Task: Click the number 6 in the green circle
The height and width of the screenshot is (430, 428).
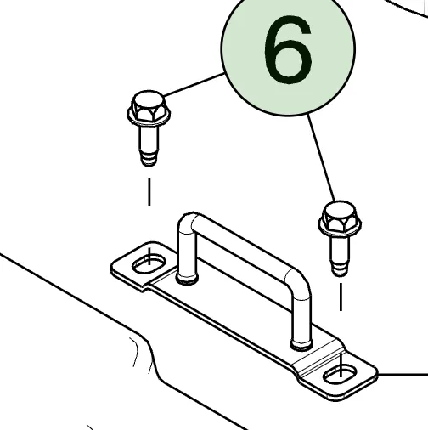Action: [x=288, y=50]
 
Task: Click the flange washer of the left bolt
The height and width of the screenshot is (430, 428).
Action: [x=149, y=116]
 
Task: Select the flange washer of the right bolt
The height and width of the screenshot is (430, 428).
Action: [x=340, y=227]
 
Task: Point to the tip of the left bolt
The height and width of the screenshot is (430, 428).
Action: [x=149, y=165]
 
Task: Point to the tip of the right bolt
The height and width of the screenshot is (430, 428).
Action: [x=340, y=274]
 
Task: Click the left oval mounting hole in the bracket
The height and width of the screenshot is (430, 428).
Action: [x=149, y=264]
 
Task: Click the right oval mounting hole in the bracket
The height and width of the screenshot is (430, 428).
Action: [x=341, y=374]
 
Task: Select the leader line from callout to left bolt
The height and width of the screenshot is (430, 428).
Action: [x=194, y=84]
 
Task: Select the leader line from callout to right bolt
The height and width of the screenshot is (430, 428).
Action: [x=321, y=157]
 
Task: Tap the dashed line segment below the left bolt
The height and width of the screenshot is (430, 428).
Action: [x=149, y=191]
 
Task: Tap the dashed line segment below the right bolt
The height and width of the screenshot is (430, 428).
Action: [x=341, y=297]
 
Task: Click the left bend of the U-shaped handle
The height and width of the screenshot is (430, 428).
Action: [x=187, y=222]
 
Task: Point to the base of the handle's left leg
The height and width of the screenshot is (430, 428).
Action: [x=187, y=279]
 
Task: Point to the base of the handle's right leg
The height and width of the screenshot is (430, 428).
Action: [x=301, y=344]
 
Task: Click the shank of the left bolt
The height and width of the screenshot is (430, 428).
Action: [x=149, y=139]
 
